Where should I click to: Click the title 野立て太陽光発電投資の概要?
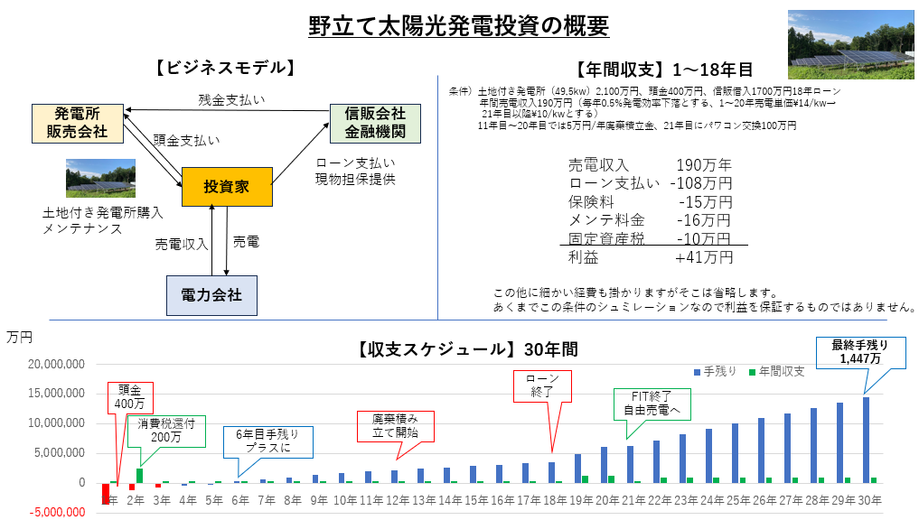pos(458,25)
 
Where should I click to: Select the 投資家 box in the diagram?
pos(226,187)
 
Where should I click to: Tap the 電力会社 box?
pos(211,295)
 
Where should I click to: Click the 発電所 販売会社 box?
pos(77,123)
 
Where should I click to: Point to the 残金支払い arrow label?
pos(231,99)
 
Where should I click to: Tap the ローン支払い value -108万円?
pos(701,184)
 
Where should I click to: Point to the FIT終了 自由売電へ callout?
pos(650,404)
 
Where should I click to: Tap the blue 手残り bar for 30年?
pos(866,440)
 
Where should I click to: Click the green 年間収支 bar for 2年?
pos(140,475)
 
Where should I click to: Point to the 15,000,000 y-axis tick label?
pos(58,394)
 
